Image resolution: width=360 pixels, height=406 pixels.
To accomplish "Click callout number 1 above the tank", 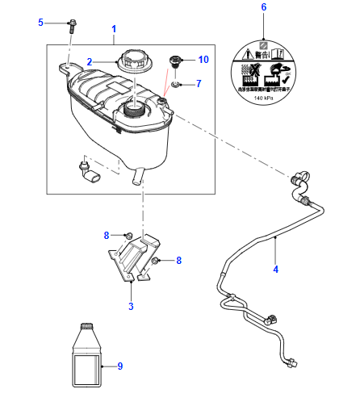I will [113, 29].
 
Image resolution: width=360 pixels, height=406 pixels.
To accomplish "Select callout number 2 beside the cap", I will [90, 61].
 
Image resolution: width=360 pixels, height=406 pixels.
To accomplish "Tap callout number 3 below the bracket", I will [132, 306].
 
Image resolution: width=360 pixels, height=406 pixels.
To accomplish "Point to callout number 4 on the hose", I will [275, 269].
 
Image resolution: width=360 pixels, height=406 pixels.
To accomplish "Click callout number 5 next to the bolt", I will [41, 23].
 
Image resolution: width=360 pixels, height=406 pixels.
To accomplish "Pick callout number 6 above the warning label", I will [262, 7].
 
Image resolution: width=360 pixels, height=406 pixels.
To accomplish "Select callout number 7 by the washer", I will [199, 83].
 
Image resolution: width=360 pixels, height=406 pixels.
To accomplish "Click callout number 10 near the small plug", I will [203, 60].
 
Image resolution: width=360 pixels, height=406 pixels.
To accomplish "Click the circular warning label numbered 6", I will [262, 69].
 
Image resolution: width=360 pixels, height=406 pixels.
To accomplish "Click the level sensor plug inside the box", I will [87, 170].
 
